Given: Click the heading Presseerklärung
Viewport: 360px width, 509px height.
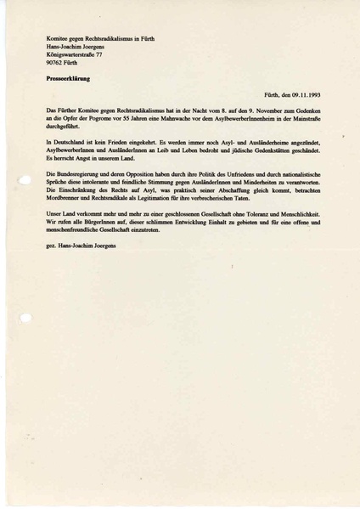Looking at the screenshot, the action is coord(68,77).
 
